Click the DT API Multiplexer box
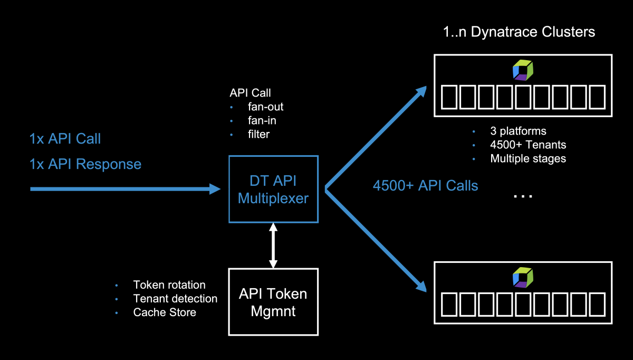click(273, 189)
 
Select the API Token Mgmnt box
click(273, 302)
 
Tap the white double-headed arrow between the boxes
click(273, 245)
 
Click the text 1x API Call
click(65, 139)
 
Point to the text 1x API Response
click(85, 164)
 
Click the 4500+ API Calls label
click(425, 186)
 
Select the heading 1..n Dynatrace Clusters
click(519, 32)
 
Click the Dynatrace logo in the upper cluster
click(523, 70)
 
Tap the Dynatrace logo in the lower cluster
click(523, 277)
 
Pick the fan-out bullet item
click(265, 107)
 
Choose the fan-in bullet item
click(262, 121)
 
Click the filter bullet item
click(258, 135)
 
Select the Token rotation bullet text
click(169, 285)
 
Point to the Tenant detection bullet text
click(175, 299)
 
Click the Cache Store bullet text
click(165, 312)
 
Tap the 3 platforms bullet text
click(518, 131)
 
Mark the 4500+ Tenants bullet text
click(528, 145)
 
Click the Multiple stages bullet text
click(528, 158)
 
